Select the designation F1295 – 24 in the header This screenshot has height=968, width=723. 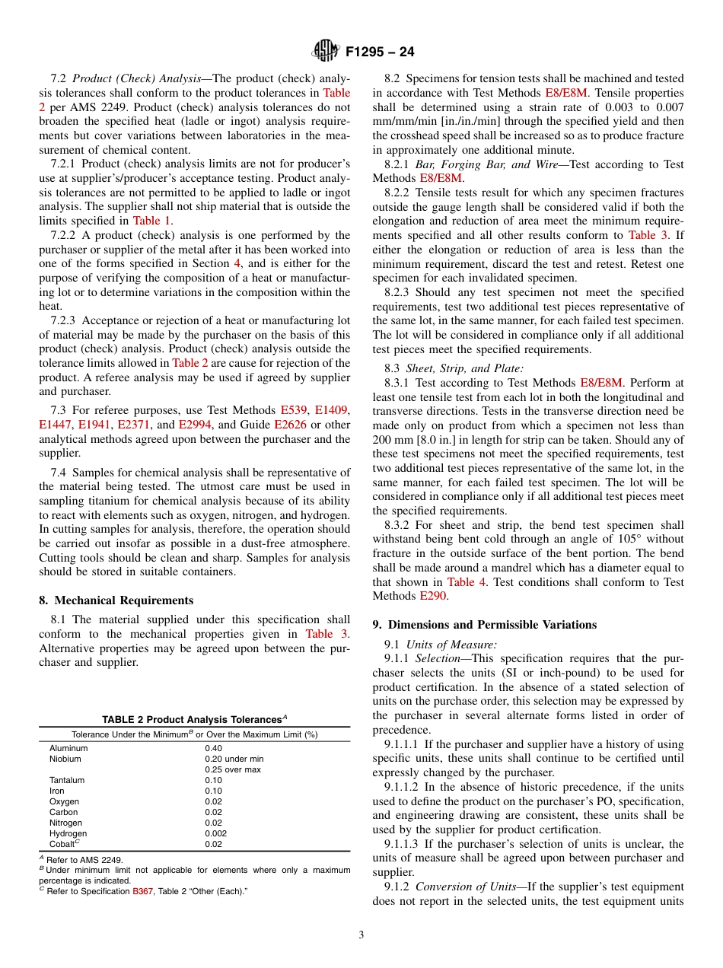click(380, 53)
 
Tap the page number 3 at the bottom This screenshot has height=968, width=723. click(361, 935)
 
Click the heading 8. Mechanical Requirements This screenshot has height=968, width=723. click(116, 600)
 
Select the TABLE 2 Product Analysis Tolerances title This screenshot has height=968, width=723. click(194, 719)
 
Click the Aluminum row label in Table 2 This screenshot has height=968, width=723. click(68, 748)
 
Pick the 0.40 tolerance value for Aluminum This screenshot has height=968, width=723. click(213, 748)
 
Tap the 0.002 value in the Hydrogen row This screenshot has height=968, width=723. click(215, 833)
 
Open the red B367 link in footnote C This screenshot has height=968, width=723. click(143, 891)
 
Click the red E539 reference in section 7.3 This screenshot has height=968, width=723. click(291, 411)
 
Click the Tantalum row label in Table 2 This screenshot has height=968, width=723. click(67, 780)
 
